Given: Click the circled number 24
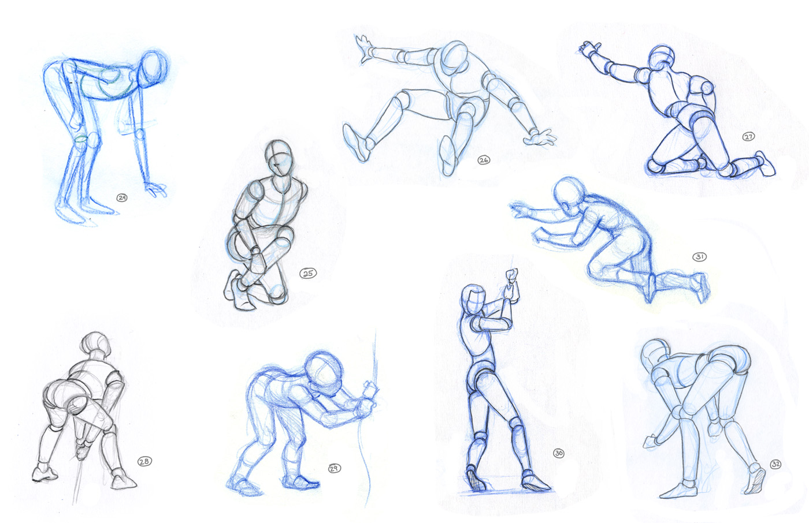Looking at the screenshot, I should [x=122, y=198].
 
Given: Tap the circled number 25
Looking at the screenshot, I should [x=309, y=273].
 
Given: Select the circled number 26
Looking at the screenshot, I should [x=484, y=160].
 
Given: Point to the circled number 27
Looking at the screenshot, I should [x=748, y=137].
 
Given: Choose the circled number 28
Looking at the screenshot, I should [x=144, y=461].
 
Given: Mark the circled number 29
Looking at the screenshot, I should [x=334, y=468].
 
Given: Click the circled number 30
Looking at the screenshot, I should [x=558, y=453].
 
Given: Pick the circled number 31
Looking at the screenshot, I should [x=699, y=257].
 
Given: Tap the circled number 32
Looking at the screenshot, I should [x=775, y=464].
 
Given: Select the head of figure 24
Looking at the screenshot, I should [x=154, y=68].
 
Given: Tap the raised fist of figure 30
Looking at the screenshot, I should [x=511, y=275].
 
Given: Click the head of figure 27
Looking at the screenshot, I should [x=661, y=60].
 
